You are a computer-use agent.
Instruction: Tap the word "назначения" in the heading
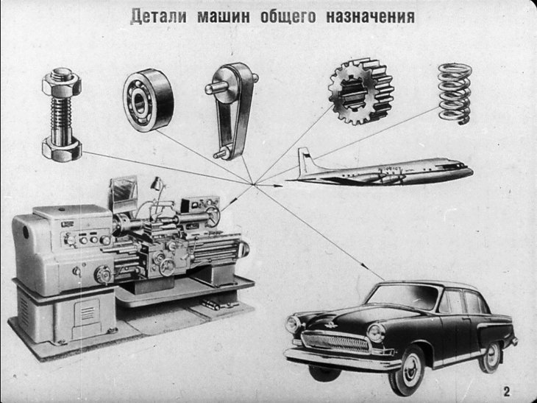coord(371,15)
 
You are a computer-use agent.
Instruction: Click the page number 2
coord(506,390)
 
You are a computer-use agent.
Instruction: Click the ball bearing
coord(147,99)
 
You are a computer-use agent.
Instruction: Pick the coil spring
coord(454,92)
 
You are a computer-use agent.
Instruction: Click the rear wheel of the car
coord(490,357)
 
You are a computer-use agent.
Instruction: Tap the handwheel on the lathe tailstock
coord(213,216)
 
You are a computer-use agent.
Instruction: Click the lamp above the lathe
coord(155,183)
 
